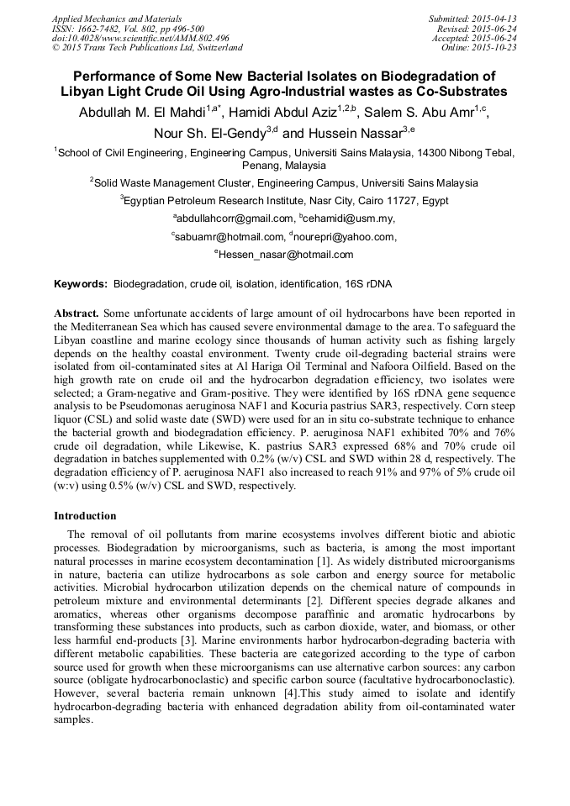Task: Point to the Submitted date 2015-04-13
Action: [x=472, y=18]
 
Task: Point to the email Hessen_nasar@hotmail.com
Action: [x=286, y=255]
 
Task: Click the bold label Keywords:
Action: [x=81, y=284]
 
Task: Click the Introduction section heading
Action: [x=86, y=515]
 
